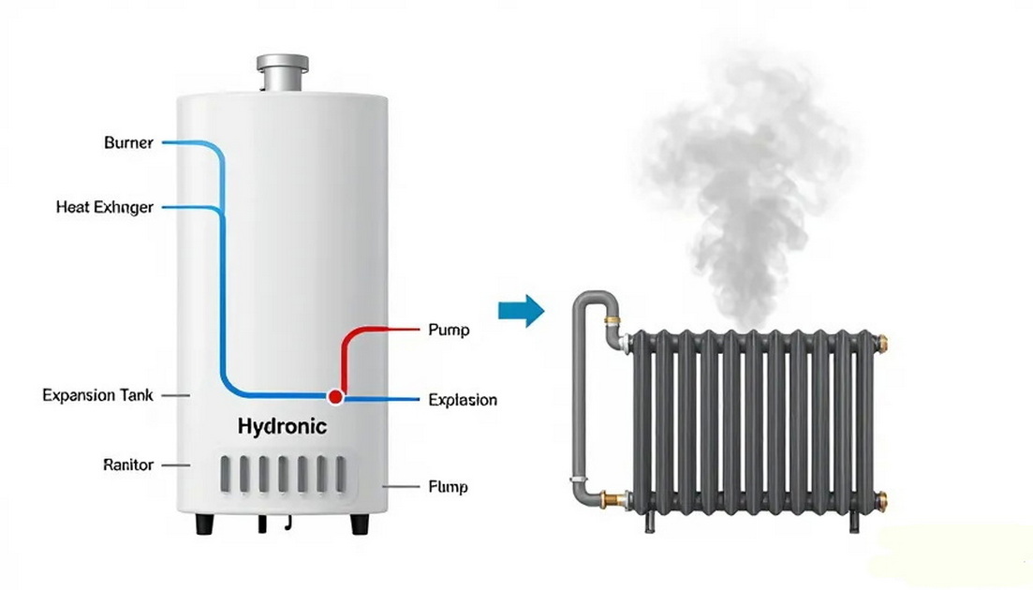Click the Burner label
click(128, 143)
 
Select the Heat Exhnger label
click(104, 207)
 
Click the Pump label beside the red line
click(448, 330)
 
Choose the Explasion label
click(462, 400)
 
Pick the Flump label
click(448, 487)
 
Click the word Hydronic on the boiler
click(282, 427)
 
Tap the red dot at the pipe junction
click(336, 397)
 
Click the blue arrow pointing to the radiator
click(521, 310)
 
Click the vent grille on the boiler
click(285, 475)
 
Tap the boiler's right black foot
click(360, 524)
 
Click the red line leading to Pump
click(375, 331)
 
